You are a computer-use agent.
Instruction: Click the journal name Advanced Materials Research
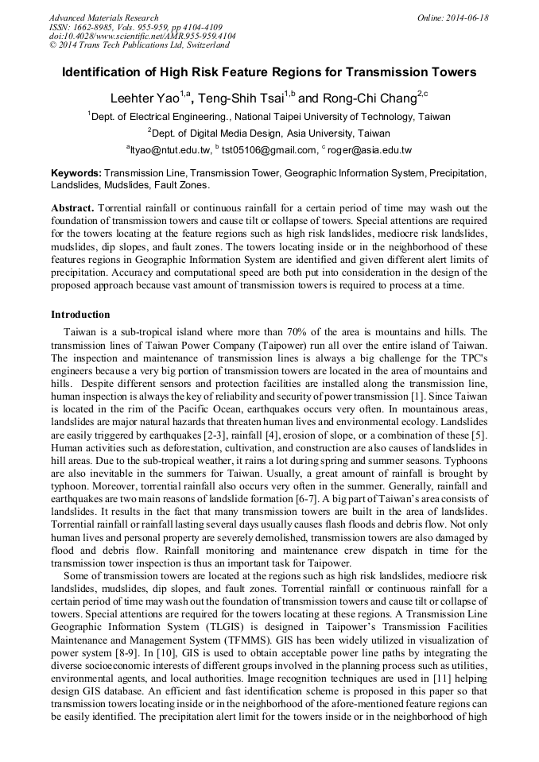pyautogui.click(x=103, y=17)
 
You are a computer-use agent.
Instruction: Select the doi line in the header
pyautogui.click(x=142, y=37)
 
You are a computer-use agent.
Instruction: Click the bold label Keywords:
pyautogui.click(x=76, y=172)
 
